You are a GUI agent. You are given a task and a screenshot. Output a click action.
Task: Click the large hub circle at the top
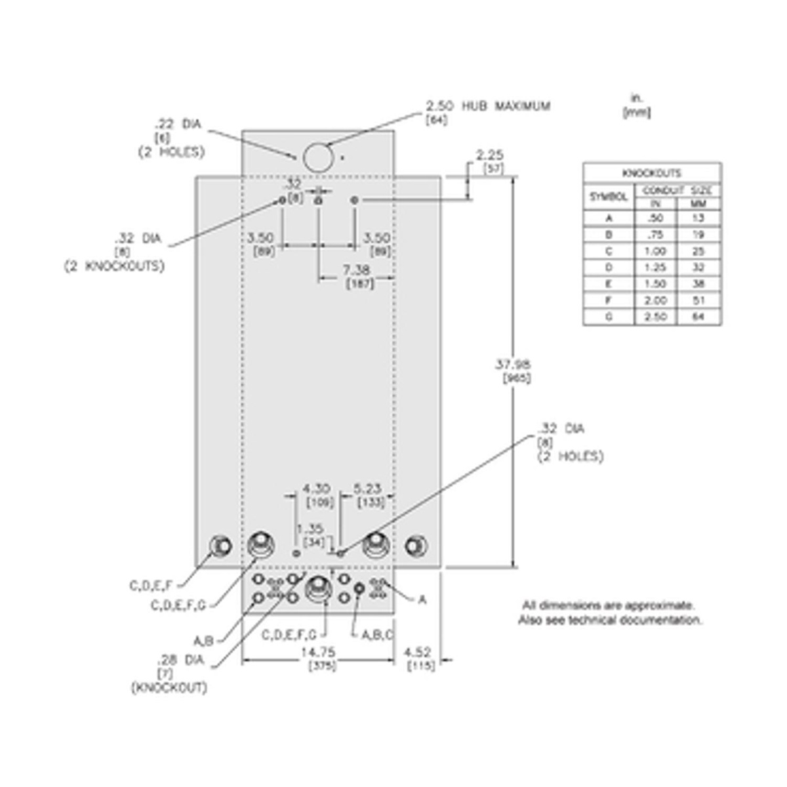tap(317, 157)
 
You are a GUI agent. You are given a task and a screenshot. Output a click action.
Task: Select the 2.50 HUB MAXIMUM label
tap(488, 106)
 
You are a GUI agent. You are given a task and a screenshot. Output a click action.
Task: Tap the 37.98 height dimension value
tap(513, 365)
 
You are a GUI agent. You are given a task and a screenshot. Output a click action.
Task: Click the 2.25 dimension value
tap(489, 155)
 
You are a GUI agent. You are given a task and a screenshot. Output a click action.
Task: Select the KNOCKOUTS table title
tap(651, 173)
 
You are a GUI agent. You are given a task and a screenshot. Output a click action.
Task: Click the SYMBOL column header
tap(609, 196)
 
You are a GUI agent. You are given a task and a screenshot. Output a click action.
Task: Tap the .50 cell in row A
tap(655, 218)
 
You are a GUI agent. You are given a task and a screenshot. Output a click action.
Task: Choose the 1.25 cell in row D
tap(655, 268)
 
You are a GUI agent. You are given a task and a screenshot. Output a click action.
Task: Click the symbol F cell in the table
tap(609, 300)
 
